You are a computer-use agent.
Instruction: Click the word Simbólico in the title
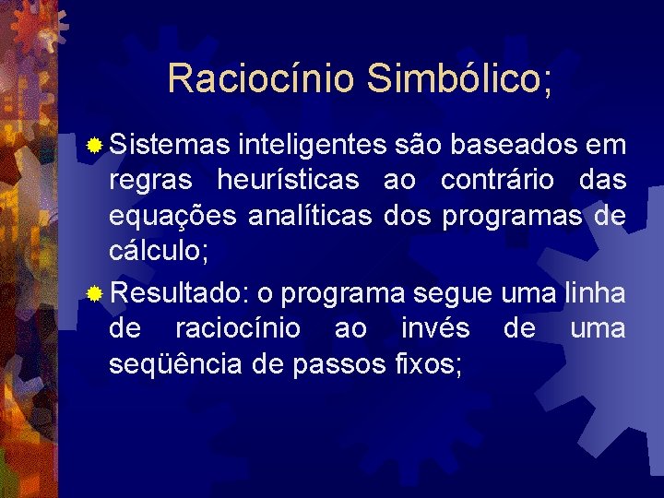[460, 78]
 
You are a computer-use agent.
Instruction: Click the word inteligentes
[311, 146]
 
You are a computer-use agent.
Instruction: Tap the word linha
[597, 294]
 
